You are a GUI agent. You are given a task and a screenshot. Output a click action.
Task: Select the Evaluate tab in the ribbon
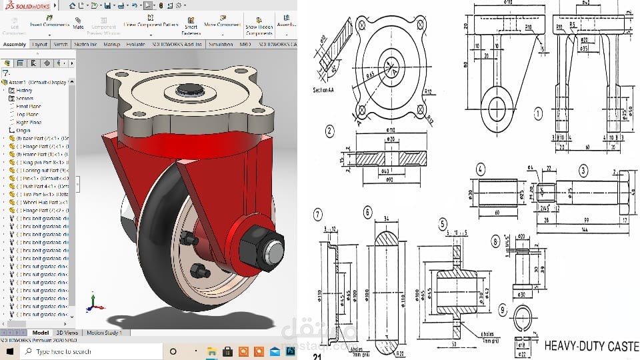coord(135,44)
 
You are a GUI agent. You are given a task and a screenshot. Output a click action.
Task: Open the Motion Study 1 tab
coord(104,332)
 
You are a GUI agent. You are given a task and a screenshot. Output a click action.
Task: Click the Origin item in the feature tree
coord(23,131)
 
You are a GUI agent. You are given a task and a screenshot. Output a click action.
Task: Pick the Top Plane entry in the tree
coord(27,114)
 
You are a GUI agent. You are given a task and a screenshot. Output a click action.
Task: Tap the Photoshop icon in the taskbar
coord(291,351)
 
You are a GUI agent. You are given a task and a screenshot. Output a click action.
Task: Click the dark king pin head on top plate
coord(186,89)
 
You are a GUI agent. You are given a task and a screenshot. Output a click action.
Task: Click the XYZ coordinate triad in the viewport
coord(95,303)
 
